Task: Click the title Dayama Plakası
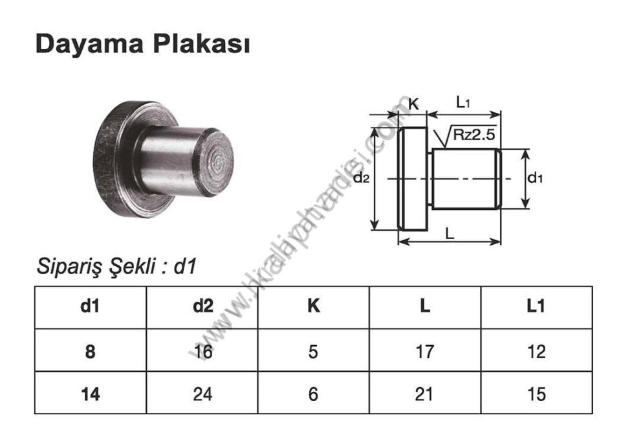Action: click(142, 44)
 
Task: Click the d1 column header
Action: click(90, 306)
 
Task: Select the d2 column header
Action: click(202, 306)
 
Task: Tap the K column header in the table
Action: click(313, 306)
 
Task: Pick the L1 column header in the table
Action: click(536, 306)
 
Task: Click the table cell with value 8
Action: click(90, 351)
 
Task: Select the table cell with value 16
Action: click(202, 351)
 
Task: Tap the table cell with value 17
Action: click(425, 351)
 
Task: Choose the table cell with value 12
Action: click(536, 351)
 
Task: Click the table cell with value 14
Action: click(90, 393)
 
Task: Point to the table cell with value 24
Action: click(202, 393)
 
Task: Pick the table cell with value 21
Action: click(425, 393)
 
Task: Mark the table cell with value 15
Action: click(536, 393)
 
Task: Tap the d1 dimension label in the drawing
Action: click(535, 178)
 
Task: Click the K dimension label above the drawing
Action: click(414, 103)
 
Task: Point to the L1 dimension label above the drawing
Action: click(463, 102)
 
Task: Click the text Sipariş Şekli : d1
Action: click(116, 266)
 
